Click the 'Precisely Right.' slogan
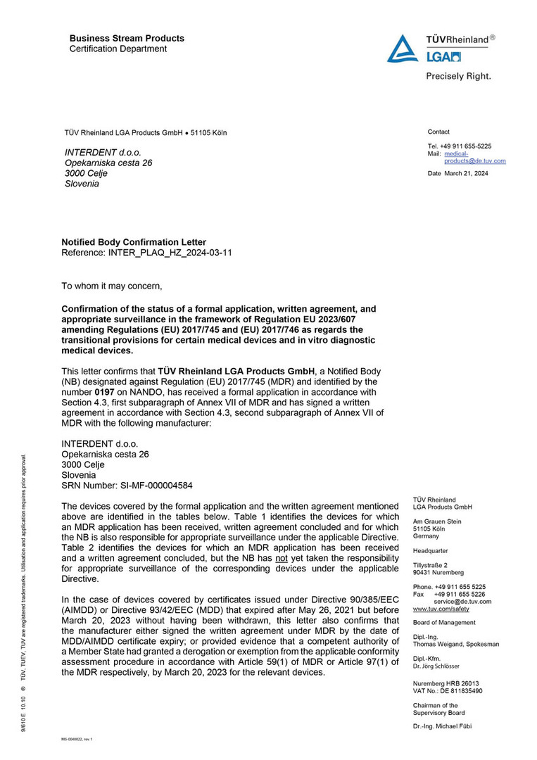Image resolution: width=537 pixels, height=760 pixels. [457, 76]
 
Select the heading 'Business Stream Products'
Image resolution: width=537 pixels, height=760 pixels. [127, 39]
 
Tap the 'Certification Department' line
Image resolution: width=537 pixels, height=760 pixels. [118, 49]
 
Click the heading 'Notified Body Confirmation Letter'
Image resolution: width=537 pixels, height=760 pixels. [134, 242]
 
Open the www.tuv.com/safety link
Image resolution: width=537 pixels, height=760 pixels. [441, 609]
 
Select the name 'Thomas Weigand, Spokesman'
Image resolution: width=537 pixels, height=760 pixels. [455, 644]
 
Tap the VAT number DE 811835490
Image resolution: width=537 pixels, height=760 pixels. [462, 690]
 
